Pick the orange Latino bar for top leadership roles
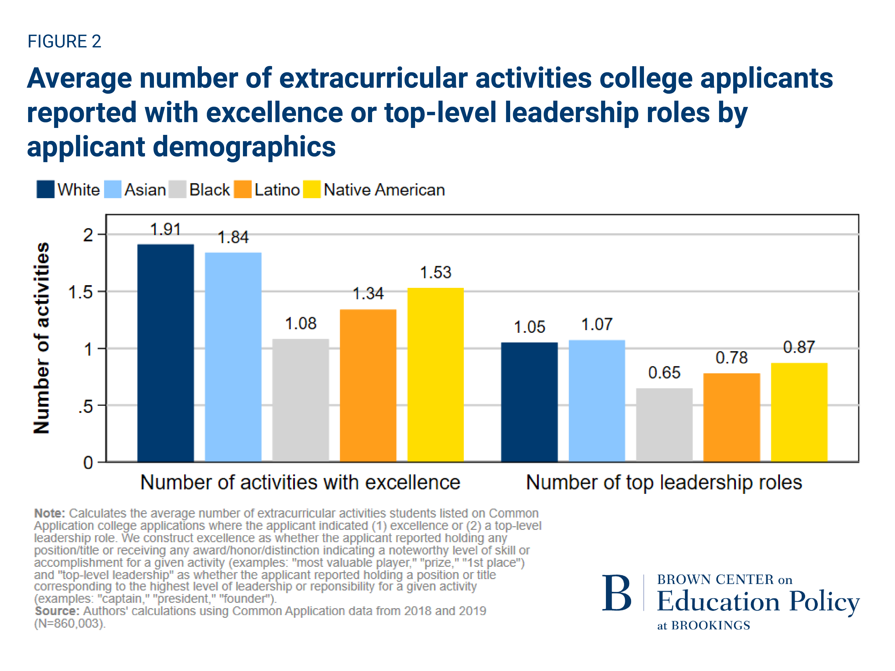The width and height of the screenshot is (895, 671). (x=731, y=417)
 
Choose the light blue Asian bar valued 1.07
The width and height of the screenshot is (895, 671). (x=597, y=400)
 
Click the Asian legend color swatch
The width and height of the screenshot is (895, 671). (x=113, y=189)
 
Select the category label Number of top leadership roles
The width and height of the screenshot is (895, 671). (x=664, y=482)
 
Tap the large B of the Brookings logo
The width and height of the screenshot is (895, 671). (x=617, y=593)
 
